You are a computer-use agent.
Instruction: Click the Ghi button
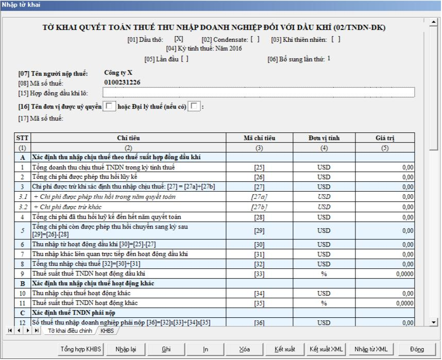[166, 349]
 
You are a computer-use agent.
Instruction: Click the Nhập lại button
[126, 349]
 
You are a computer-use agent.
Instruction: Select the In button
[206, 349]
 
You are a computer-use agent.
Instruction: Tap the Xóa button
[244, 349]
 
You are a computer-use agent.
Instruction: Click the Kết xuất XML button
[326, 349]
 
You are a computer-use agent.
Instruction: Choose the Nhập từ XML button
[368, 349]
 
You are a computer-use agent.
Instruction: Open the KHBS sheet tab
[107, 331]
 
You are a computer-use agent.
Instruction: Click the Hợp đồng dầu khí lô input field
[258, 93]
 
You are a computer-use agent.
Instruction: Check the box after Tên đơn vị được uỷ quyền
[110, 107]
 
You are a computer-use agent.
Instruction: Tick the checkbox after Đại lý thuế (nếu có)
[194, 107]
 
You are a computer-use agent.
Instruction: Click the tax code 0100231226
[122, 82]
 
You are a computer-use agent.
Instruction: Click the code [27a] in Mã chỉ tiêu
[259, 197]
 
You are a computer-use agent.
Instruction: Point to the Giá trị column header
[384, 138]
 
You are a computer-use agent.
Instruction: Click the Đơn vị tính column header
[324, 138]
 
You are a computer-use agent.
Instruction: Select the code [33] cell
[259, 274]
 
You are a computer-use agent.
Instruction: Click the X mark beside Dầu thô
[179, 39]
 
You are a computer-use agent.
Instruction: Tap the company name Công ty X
[118, 73]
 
